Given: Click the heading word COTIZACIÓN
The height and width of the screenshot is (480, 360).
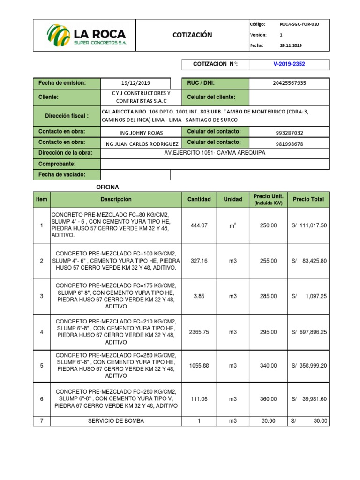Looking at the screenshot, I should click(x=192, y=35).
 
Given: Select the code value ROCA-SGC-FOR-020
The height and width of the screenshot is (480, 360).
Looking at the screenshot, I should click(x=299, y=24).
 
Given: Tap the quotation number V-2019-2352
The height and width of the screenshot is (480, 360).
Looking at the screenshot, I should click(x=289, y=64).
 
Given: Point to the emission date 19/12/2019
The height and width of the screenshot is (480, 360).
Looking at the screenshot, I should click(x=136, y=83).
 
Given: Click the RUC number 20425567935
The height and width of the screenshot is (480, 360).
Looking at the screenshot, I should click(x=289, y=83).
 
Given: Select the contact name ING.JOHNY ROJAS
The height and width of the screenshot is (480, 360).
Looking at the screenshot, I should click(x=136, y=132).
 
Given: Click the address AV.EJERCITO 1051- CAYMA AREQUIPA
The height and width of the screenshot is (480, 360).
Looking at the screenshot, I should click(x=215, y=153).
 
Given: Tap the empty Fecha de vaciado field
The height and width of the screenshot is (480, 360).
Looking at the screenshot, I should click(x=136, y=175).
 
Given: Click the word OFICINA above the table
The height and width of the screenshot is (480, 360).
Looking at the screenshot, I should click(x=108, y=187).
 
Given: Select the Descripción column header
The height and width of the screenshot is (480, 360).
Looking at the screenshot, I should click(x=116, y=199).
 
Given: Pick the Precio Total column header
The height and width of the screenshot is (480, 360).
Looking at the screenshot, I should click(x=308, y=199).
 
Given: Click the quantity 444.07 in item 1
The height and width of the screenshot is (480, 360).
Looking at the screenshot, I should click(x=199, y=225).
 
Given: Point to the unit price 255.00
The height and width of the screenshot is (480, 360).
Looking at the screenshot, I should click(x=269, y=261).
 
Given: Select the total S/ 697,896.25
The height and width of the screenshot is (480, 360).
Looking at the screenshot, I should click(x=309, y=332).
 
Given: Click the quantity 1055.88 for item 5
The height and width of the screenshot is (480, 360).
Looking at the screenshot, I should click(x=199, y=366).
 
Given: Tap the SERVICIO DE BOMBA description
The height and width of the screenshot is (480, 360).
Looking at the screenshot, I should click(x=116, y=421).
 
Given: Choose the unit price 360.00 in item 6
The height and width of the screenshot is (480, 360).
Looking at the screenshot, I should click(x=269, y=399).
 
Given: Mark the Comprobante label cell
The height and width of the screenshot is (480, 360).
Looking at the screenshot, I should click(x=67, y=164).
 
